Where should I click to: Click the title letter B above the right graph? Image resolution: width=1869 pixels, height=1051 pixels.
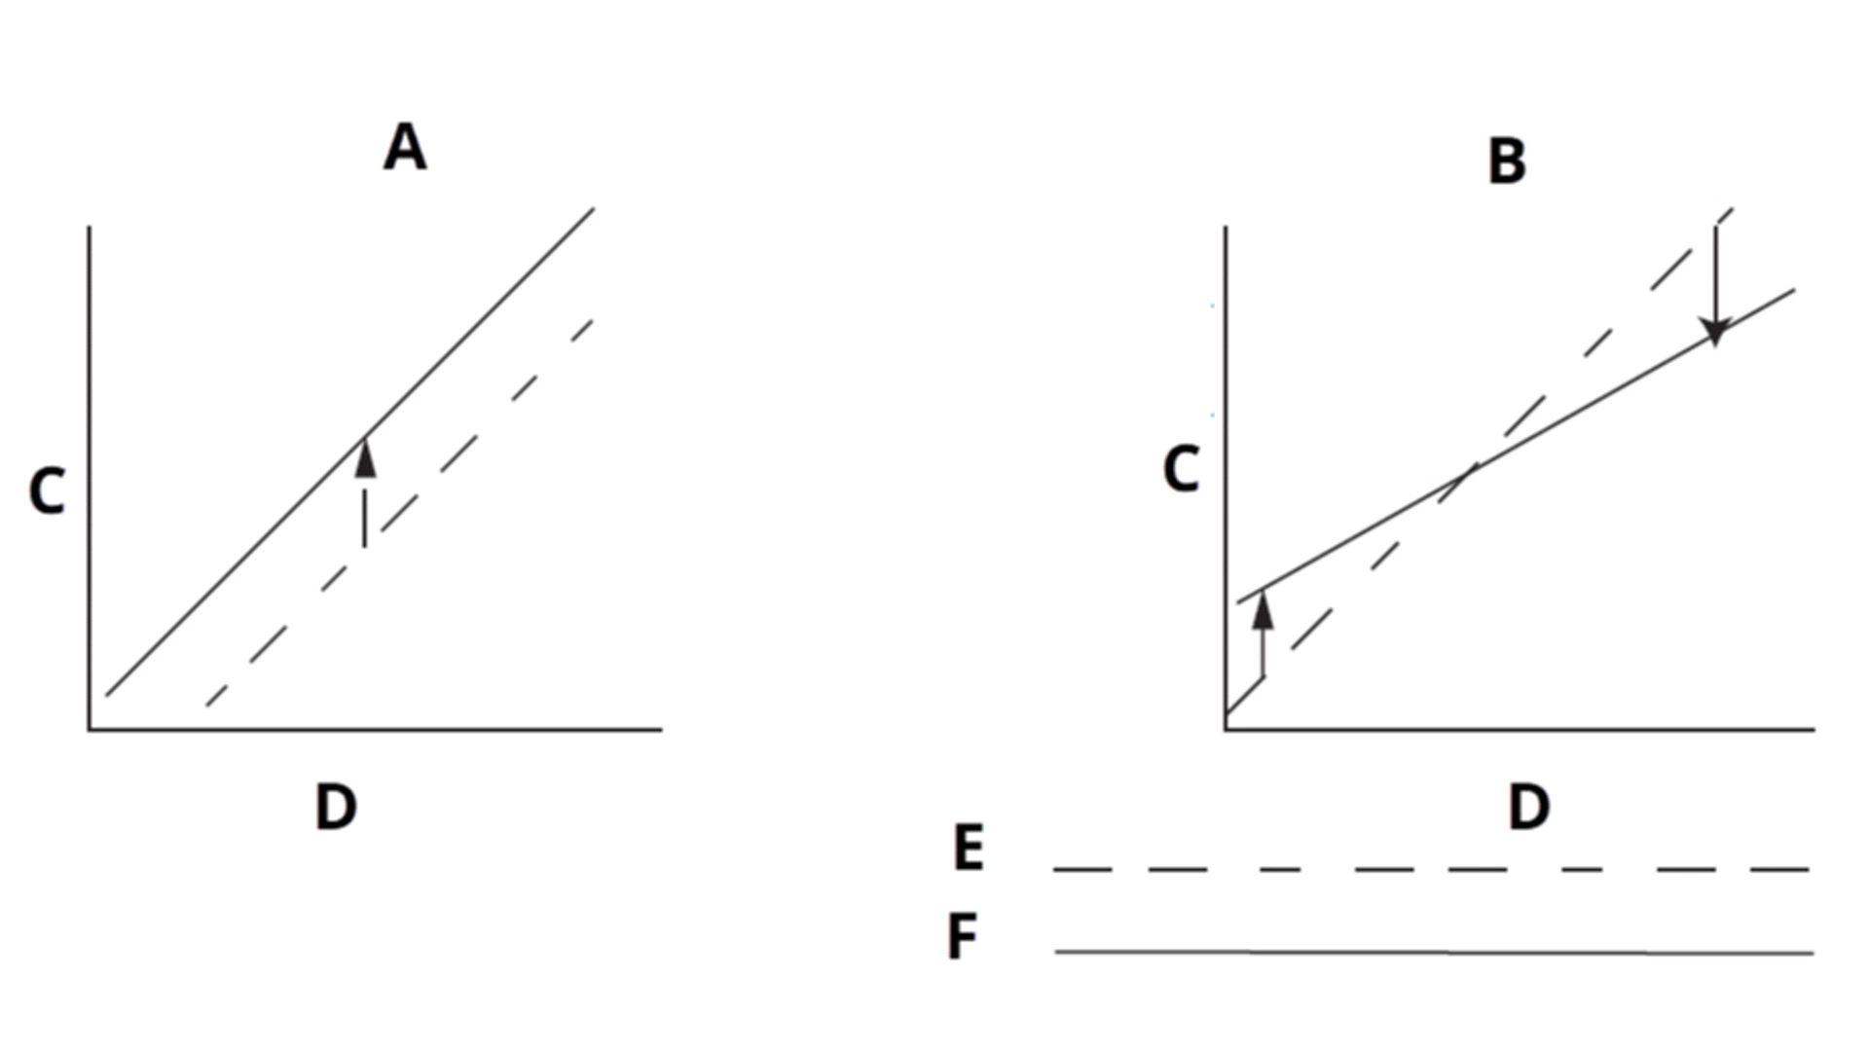pyautogui.click(x=1507, y=162)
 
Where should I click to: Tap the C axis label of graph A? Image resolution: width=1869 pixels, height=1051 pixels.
pyautogui.click(x=47, y=491)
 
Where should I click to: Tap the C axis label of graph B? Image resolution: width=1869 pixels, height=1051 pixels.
pyautogui.click(x=1181, y=470)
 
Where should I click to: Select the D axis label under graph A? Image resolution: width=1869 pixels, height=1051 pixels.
pyautogui.click(x=336, y=807)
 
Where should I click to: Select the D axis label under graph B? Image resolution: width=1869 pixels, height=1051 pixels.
pyautogui.click(x=1528, y=807)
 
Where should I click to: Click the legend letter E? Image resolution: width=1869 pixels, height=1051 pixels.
pyautogui.click(x=969, y=848)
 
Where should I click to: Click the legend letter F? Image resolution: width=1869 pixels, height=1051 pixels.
pyautogui.click(x=962, y=937)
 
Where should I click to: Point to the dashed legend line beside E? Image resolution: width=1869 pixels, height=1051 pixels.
pyautogui.click(x=1431, y=869)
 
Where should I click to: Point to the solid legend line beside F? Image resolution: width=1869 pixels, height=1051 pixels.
pyautogui.click(x=1434, y=952)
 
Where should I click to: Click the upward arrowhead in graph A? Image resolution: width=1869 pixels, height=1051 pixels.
pyautogui.click(x=365, y=457)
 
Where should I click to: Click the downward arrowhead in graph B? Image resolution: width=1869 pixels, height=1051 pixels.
pyautogui.click(x=1715, y=333)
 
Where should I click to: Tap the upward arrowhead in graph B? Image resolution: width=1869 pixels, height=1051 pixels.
pyautogui.click(x=1263, y=609)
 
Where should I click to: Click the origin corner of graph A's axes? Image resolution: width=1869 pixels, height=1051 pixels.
pyautogui.click(x=90, y=729)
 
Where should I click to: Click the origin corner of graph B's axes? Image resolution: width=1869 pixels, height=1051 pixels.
pyautogui.click(x=1226, y=729)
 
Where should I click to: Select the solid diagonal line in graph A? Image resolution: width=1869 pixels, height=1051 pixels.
pyautogui.click(x=350, y=452)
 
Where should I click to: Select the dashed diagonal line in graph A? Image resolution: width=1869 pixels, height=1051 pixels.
pyautogui.click(x=399, y=512)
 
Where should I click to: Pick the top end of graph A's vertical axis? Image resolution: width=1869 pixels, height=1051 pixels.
pyautogui.click(x=90, y=227)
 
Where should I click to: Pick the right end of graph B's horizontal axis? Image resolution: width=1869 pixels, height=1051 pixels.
pyautogui.click(x=1814, y=729)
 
